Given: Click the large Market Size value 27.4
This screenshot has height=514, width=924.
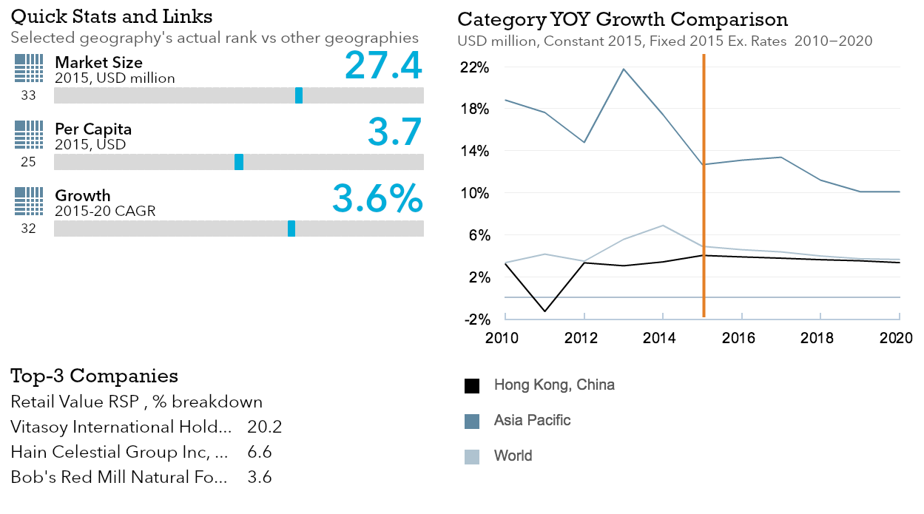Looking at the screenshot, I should click(383, 65).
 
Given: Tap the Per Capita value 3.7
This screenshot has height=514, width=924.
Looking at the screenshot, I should click(395, 132).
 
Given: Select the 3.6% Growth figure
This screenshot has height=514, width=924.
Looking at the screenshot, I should click(377, 198).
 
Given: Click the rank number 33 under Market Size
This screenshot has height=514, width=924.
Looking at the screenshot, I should click(29, 95).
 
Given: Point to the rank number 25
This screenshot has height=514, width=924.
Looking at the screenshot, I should click(29, 162).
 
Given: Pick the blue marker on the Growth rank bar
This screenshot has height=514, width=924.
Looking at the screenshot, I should click(291, 229).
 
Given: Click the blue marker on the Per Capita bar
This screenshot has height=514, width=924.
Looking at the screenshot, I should click(239, 162).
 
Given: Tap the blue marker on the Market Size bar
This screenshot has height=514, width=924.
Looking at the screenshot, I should click(299, 95).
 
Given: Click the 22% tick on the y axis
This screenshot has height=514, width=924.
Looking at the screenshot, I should click(475, 67).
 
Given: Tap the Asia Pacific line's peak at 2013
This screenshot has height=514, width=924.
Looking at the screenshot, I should click(624, 69).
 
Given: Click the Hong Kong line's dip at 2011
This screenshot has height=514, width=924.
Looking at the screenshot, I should click(544, 311).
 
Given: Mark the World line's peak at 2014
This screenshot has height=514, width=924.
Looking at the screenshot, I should click(663, 225).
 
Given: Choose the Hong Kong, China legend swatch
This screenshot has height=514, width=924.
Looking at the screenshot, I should click(472, 385).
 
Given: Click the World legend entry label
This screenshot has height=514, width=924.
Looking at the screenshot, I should click(513, 456).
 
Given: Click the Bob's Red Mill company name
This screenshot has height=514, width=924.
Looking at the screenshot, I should click(119, 477).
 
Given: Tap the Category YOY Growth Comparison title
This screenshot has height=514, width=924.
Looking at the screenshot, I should click(623, 18).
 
